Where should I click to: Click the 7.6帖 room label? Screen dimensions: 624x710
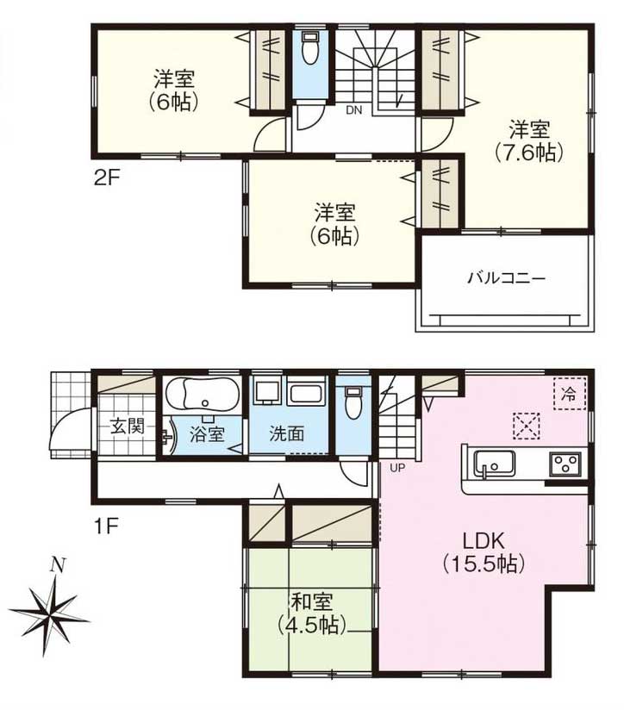pos(529,140)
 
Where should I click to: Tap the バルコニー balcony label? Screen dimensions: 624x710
pos(506,277)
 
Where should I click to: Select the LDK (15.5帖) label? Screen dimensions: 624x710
pos(484,552)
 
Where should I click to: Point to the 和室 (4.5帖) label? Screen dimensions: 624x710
pos(312,613)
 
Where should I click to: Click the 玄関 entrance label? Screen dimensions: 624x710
pos(128,427)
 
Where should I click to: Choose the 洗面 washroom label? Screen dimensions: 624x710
pos(286,434)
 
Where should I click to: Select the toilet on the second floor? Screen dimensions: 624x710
pos(310,48)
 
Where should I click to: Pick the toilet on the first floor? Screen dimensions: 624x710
pos(353,402)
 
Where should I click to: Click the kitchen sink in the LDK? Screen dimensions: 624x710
pos(494,464)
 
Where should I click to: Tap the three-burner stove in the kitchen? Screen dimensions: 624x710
pos(565,464)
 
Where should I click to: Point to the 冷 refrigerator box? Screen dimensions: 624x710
pos(569,394)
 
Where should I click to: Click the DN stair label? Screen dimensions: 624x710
pos(354,110)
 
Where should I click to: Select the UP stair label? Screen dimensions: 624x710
pos(397,468)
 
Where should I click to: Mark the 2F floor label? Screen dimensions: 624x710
pos(106,177)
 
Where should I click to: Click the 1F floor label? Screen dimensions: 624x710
pos(106,526)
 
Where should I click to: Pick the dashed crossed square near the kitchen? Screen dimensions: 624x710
pos(527,426)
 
